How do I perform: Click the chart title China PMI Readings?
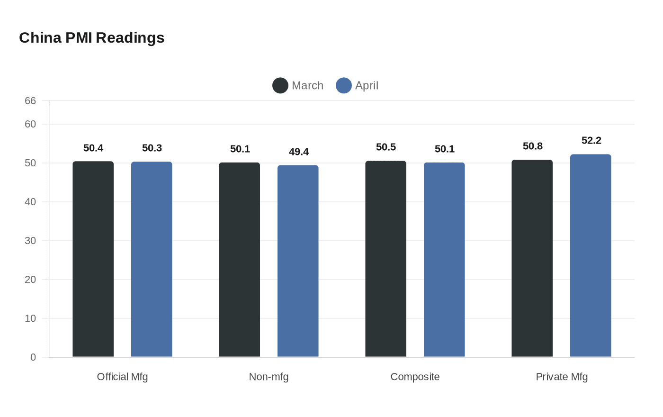click(91, 38)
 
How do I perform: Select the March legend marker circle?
click(280, 86)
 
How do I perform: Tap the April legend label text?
click(367, 86)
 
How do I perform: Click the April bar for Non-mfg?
click(298, 261)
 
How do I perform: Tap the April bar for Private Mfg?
click(591, 256)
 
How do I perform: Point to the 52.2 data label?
click(591, 141)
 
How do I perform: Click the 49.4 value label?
click(298, 152)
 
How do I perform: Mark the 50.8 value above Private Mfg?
click(532, 146)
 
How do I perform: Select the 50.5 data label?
click(386, 147)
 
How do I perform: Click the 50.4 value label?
click(93, 148)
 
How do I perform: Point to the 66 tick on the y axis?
click(30, 101)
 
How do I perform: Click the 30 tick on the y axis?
click(30, 241)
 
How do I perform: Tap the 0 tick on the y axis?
click(33, 357)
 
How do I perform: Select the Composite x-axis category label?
click(415, 377)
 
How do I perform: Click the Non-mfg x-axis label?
click(269, 377)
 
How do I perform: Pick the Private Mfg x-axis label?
click(562, 377)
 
